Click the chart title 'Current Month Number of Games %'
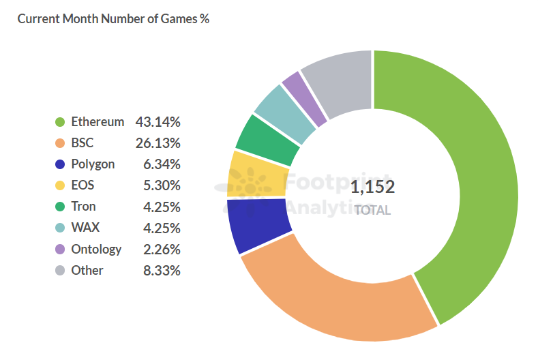pos(113,19)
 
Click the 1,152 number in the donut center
pos(372,187)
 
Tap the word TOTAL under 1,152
pos(372,210)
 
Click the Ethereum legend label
pos(98,122)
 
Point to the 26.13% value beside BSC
pos(158,143)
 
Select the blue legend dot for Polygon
pos(59,164)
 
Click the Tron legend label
pos(83,207)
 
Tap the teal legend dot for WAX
pos(59,228)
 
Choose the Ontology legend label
pos(96,249)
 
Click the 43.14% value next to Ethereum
pos(158,122)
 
